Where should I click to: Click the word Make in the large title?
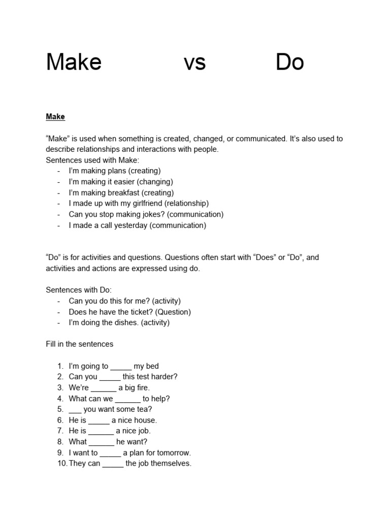click(x=74, y=62)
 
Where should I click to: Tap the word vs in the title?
click(x=194, y=62)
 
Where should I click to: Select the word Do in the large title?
click(x=289, y=62)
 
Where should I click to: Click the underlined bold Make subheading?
click(x=55, y=117)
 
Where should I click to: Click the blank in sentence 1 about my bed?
click(x=121, y=367)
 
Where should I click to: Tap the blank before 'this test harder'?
click(x=110, y=377)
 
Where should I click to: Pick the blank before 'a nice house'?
click(x=99, y=421)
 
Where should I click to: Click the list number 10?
click(x=61, y=464)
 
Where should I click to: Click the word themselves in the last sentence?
click(x=170, y=464)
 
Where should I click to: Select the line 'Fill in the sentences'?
click(x=80, y=344)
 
